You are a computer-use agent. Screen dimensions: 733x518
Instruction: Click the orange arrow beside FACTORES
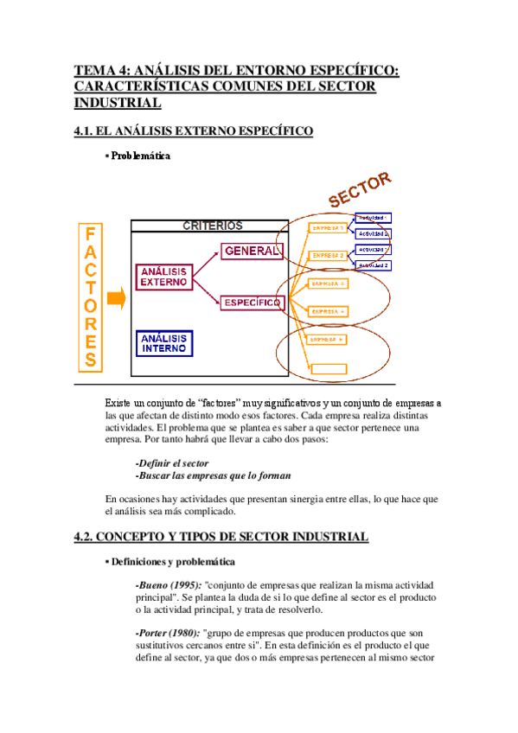coord(117,299)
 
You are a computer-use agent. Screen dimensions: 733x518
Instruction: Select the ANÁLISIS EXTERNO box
coord(163,277)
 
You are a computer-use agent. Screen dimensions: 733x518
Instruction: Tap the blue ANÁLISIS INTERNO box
coord(164,343)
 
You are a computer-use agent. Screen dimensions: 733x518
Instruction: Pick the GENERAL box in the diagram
coord(252,251)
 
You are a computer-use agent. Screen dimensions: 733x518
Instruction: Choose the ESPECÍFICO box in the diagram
coord(252,303)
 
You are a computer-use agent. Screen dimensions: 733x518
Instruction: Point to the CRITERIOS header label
coord(212,226)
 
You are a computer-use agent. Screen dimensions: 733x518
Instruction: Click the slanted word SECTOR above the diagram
coord(360,188)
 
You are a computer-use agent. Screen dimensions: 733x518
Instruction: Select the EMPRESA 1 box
coord(328,228)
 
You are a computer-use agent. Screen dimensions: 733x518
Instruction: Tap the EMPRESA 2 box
coord(328,256)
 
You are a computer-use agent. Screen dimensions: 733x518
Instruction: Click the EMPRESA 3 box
coord(328,284)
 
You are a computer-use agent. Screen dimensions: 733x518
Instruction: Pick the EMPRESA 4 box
coord(328,311)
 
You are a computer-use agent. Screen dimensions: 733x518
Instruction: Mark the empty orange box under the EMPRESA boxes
coord(328,369)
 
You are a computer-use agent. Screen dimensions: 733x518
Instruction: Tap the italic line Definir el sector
coord(172,463)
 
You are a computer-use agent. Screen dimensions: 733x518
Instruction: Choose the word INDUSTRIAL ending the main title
coord(118,103)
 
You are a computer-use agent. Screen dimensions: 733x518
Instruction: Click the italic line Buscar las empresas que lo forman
coord(214,475)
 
